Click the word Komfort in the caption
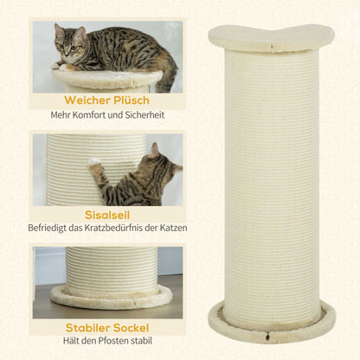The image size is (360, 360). [x=95, y=115]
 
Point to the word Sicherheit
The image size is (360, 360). [x=141, y=115]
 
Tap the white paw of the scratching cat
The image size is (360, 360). [x=93, y=162]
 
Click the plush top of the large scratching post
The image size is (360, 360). [x=272, y=37]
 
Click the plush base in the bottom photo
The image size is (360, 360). [x=111, y=299]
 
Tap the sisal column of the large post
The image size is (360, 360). [x=272, y=173]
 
